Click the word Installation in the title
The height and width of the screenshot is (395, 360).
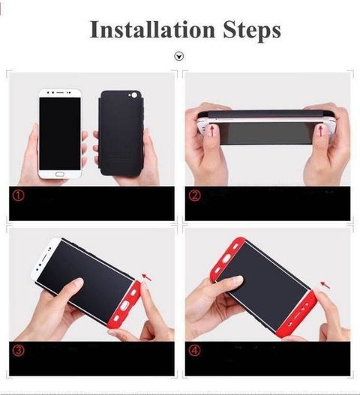(x=152, y=29)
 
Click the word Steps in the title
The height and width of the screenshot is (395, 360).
(x=252, y=31)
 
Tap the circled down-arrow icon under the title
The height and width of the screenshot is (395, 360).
(x=179, y=56)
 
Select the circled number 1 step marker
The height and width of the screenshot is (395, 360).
(x=19, y=195)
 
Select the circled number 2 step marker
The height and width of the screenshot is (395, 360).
(x=194, y=195)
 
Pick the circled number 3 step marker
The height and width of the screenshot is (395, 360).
(x=19, y=351)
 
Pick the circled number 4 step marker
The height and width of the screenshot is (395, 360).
(x=194, y=351)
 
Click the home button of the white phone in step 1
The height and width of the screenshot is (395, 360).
(x=60, y=174)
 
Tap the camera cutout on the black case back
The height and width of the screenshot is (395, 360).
(x=133, y=95)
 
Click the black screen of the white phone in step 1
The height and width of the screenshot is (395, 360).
(x=60, y=133)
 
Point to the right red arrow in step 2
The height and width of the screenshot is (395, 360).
(x=321, y=131)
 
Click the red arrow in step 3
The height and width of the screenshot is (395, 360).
(x=147, y=277)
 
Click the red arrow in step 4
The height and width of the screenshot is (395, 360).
(x=325, y=285)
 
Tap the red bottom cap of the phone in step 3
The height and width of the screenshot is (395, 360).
(x=124, y=305)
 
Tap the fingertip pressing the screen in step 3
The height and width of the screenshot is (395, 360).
(x=76, y=283)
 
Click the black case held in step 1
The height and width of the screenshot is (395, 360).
(x=121, y=133)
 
